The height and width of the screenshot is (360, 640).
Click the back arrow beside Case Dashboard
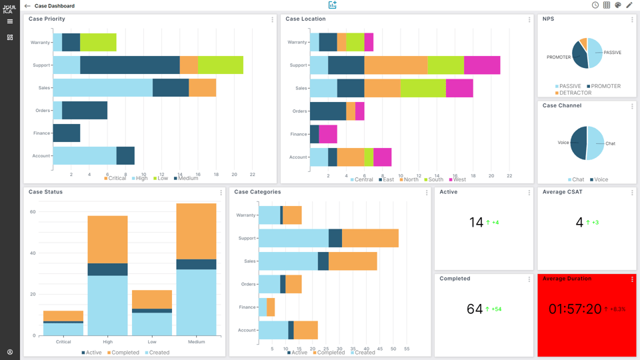coord(27,6)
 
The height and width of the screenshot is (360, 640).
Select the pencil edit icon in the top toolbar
coord(629,5)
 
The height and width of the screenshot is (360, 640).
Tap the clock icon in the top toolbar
coord(595,5)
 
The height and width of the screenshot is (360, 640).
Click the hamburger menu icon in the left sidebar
coord(10,21)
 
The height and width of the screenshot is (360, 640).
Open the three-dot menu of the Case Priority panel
coord(272,20)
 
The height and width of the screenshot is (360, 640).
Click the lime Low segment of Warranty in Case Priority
coord(98,42)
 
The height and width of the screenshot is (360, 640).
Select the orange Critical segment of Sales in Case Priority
coord(202,87)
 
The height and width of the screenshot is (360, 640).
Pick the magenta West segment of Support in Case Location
coord(481,65)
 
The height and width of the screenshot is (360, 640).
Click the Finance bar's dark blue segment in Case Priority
coord(67,133)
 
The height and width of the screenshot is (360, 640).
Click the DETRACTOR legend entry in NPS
coord(573,93)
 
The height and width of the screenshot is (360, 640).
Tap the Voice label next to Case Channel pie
coord(563,142)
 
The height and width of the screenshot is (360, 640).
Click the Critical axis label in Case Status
coord(63,342)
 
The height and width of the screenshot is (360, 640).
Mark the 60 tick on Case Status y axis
coord(32,212)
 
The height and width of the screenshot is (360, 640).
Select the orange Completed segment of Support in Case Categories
coord(370,238)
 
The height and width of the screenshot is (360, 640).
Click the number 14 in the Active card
coord(476,223)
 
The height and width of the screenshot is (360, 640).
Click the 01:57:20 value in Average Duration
coord(574,309)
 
